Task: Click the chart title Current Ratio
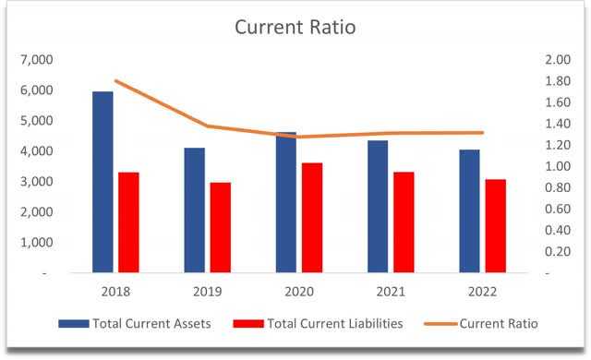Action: point(295,27)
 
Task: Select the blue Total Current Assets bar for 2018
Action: point(103,182)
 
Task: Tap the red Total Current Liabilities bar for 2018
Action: point(128,222)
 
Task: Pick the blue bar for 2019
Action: point(195,210)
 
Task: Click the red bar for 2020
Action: point(312,218)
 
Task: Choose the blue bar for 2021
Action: point(378,207)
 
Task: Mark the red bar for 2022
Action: point(496,226)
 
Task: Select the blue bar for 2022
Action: point(470,210)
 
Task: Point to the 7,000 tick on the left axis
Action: point(37,59)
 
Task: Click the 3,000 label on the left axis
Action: point(37,181)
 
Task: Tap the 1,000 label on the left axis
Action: point(37,242)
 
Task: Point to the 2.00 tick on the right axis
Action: point(558,59)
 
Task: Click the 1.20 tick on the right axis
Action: point(558,145)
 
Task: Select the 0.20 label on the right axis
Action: point(558,252)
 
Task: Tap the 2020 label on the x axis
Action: point(299,292)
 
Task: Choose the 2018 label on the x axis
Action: point(115,292)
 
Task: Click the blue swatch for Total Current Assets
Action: point(74,323)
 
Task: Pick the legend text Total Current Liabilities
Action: point(335,323)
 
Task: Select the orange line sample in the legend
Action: point(441,323)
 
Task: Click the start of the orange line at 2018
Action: point(116,80)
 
